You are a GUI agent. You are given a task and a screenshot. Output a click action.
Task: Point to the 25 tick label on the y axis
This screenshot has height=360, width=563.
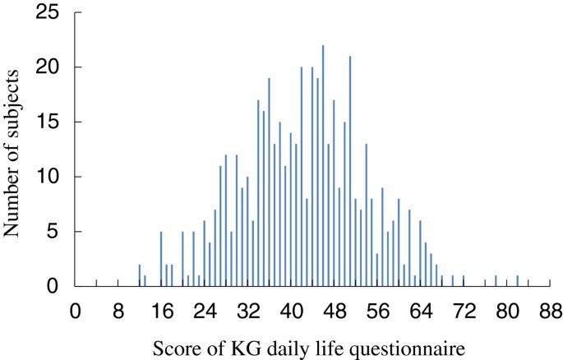click(x=52, y=12)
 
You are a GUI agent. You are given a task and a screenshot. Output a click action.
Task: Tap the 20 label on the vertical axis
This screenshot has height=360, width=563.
click(x=52, y=67)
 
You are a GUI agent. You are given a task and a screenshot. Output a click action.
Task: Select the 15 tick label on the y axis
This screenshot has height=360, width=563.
click(x=52, y=122)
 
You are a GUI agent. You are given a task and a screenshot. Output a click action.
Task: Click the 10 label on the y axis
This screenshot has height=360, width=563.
click(x=52, y=177)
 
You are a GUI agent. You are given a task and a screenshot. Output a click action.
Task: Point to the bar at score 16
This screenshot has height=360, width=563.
click(x=161, y=259)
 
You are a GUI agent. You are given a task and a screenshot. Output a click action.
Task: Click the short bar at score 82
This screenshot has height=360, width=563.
click(x=518, y=281)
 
